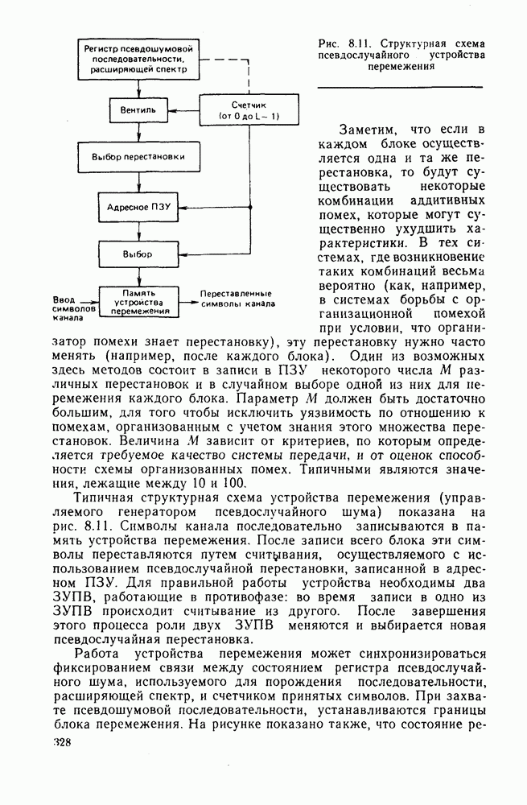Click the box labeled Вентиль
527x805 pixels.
(x=138, y=108)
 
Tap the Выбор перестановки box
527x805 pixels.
(x=138, y=157)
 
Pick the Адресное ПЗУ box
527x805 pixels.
(x=138, y=206)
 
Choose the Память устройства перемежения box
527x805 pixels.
(x=138, y=301)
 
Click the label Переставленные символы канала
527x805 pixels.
(x=236, y=299)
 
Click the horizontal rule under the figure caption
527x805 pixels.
(x=400, y=86)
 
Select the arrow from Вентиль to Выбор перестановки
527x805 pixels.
(x=138, y=130)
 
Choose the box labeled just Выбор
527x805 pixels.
(x=138, y=254)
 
